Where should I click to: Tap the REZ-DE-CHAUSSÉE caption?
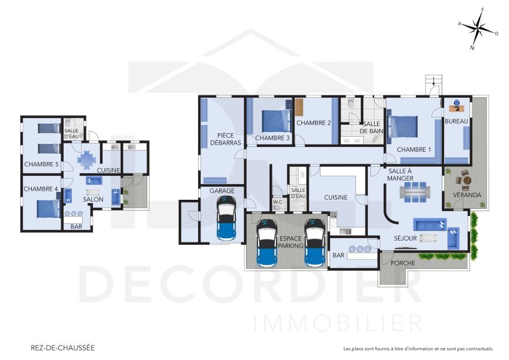coord(62,347)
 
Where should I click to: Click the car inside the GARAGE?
coord(226,220)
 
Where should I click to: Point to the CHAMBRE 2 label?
coord(314,124)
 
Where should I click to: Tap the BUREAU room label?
coord(456,122)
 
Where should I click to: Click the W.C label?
coord(277,202)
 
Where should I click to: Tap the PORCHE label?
coord(403,263)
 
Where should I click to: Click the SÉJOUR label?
coord(405,238)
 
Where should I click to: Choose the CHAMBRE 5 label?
coord(41,164)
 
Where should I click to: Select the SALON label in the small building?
coord(93,199)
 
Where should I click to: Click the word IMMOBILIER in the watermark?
coord(337,323)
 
